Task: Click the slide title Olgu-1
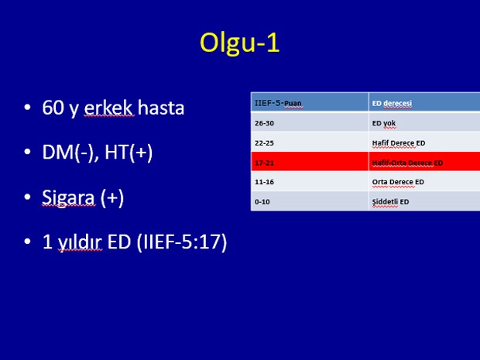coord(240,43)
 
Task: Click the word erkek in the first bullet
coord(109,108)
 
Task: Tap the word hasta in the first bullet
coord(161,108)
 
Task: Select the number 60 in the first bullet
coord(53,108)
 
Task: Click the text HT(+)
coord(129,153)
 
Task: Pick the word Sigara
coord(68,197)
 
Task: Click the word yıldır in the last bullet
coord(80,242)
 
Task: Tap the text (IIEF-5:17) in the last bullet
coord(182,242)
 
